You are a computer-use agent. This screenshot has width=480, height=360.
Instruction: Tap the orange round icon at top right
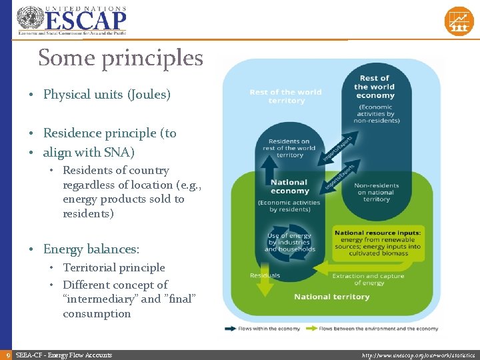pyautogui.click(x=459, y=21)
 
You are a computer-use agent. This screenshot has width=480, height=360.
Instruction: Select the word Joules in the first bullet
pyautogui.click(x=149, y=95)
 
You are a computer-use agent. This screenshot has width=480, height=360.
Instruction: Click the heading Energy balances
pyautogui.click(x=91, y=249)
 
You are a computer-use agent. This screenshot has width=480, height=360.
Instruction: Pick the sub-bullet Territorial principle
pyautogui.click(x=113, y=267)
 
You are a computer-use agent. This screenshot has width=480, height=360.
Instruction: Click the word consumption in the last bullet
pyautogui.click(x=97, y=313)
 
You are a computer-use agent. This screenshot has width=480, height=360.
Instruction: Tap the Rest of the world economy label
pyautogui.click(x=375, y=87)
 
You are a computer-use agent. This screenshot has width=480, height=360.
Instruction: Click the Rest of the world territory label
pyautogui.click(x=286, y=97)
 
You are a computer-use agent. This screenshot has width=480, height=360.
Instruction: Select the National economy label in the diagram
pyautogui.click(x=289, y=186)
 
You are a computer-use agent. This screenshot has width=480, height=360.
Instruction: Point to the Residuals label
pyautogui.click(x=265, y=275)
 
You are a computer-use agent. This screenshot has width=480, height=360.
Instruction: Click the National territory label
pyautogui.click(x=331, y=297)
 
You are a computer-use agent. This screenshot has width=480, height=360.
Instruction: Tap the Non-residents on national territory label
pyautogui.click(x=377, y=192)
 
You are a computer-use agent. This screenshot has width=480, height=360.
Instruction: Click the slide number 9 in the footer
pyautogui.click(x=7, y=355)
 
